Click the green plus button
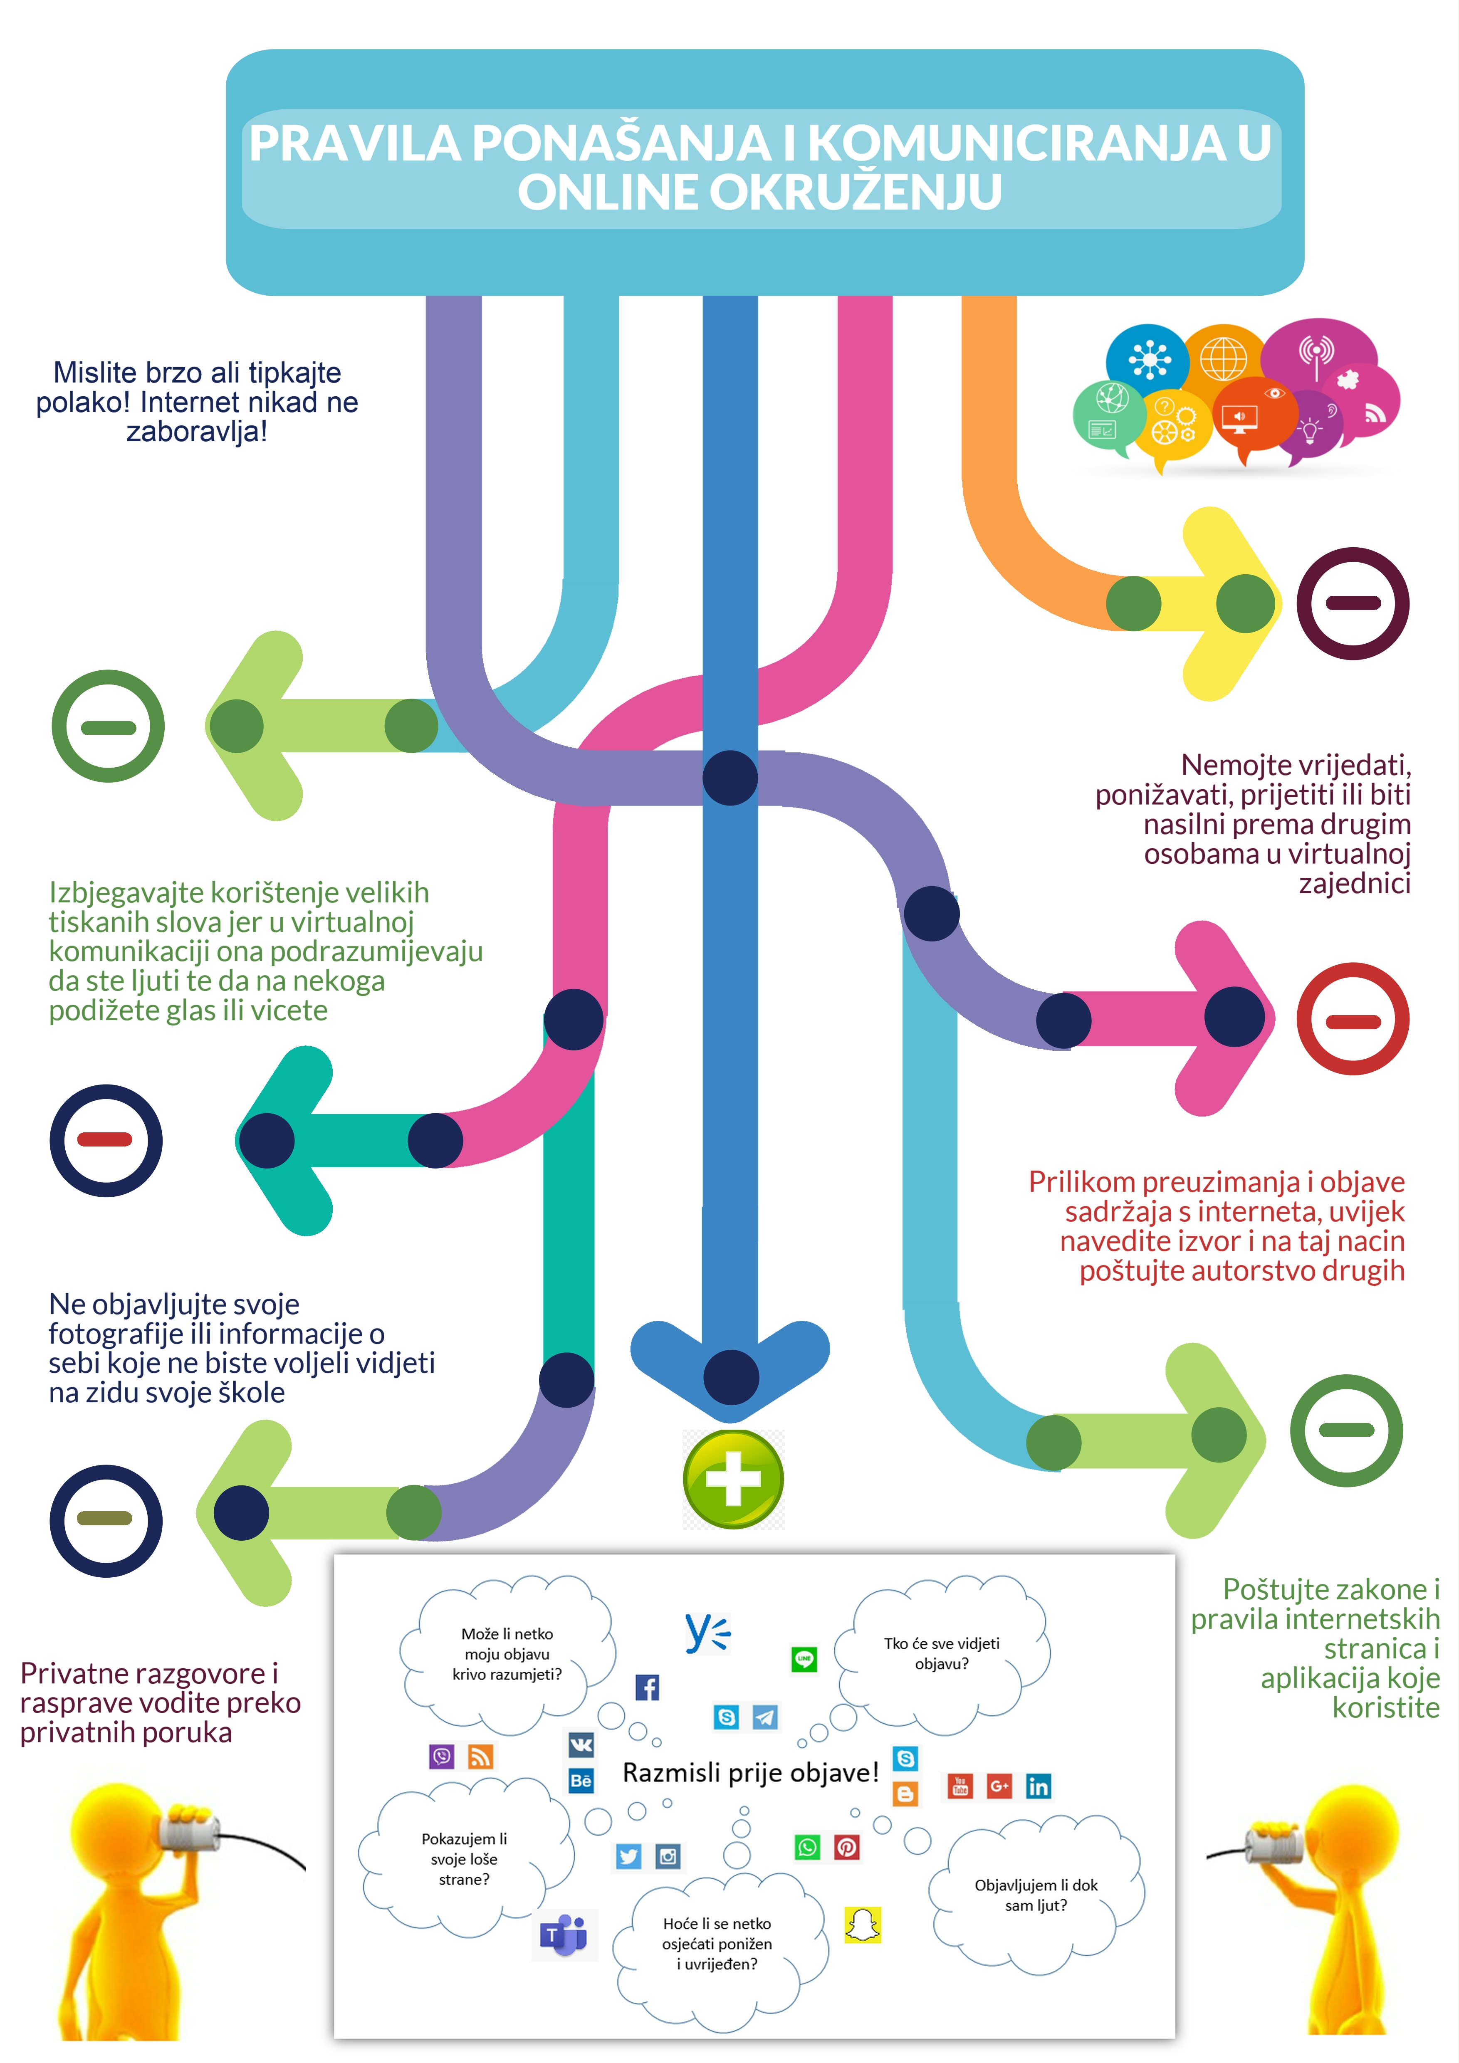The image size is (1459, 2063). pyautogui.click(x=733, y=1479)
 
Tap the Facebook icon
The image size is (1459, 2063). pyautogui.click(x=647, y=1687)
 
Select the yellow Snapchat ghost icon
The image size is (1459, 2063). pyautogui.click(x=863, y=1925)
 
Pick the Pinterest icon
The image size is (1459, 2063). pyautogui.click(x=846, y=1847)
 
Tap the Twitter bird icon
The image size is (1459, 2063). pyautogui.click(x=628, y=1856)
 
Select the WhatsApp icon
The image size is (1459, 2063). pyautogui.click(x=807, y=1847)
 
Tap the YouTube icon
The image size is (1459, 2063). pyautogui.click(x=959, y=1786)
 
